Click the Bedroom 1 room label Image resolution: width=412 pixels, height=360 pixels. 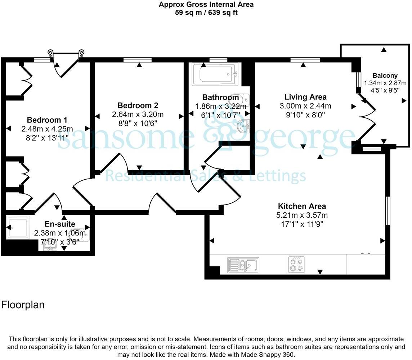pos(47,120)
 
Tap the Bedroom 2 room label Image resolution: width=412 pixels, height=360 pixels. pos(138,105)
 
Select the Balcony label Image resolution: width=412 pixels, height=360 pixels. pos(385,76)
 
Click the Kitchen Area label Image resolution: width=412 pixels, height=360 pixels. pos(302,206)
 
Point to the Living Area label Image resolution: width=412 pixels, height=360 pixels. pos(305,97)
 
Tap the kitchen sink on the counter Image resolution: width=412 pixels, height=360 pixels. pos(243,265)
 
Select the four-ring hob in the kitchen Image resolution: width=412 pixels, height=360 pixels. pos(296,265)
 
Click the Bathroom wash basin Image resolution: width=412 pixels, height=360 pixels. pos(245,126)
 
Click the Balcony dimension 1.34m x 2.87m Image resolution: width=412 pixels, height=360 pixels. pos(385,83)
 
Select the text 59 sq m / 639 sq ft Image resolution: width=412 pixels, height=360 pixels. pos(206,13)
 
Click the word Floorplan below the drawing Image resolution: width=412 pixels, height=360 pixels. pos(23,305)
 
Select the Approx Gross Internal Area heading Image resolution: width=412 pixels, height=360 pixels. pos(206,5)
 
